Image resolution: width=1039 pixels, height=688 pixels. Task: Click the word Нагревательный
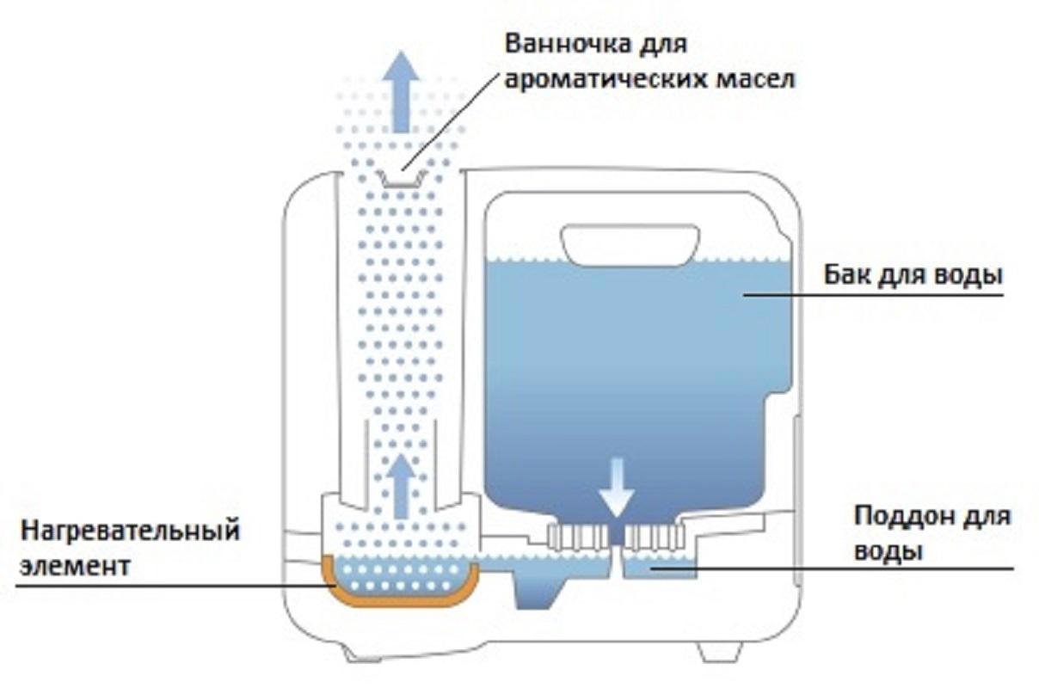(x=130, y=531)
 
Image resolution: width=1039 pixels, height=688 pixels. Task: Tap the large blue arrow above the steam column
(x=401, y=90)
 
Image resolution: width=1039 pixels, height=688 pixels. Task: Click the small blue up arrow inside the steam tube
(x=401, y=486)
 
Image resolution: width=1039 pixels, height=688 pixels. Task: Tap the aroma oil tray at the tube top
(x=401, y=178)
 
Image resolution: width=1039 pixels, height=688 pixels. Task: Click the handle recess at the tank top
(x=630, y=244)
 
